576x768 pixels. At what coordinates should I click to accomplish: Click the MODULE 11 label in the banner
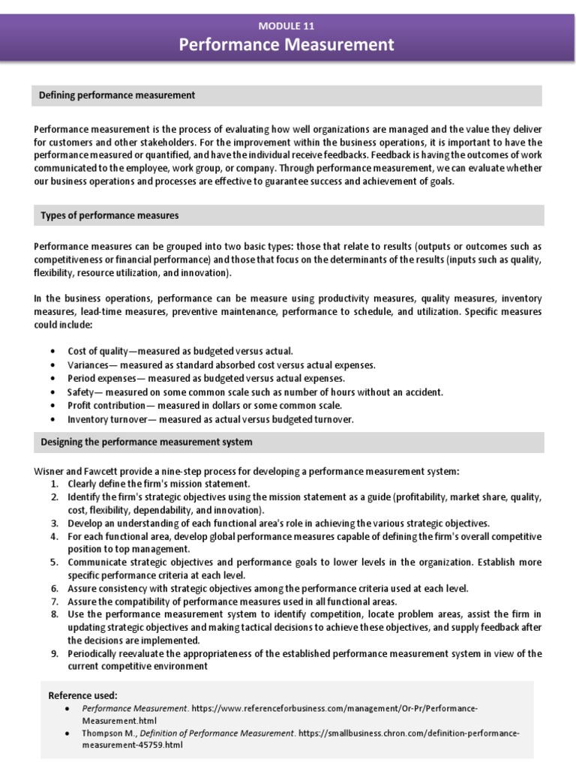(x=286, y=25)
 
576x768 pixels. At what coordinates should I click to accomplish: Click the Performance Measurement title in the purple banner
(x=286, y=45)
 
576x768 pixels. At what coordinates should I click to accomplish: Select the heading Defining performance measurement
(x=117, y=95)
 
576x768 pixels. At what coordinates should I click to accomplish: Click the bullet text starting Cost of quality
(x=180, y=351)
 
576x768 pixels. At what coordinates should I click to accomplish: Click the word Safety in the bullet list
(x=81, y=391)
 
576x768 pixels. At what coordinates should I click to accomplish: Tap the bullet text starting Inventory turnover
(x=210, y=418)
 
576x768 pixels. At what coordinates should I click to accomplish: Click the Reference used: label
(x=82, y=695)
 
